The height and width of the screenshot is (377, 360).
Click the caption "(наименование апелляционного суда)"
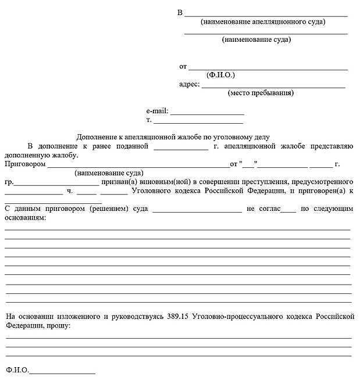263,22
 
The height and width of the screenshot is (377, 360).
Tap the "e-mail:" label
157,110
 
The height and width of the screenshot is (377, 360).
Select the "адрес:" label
190,84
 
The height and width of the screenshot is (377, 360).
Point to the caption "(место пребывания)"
261,93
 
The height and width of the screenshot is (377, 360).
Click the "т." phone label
149,120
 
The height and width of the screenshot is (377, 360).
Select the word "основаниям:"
24,217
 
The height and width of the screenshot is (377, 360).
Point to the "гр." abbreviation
9,182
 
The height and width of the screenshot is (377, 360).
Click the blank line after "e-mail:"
206,112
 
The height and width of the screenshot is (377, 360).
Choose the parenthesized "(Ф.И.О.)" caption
220,76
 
